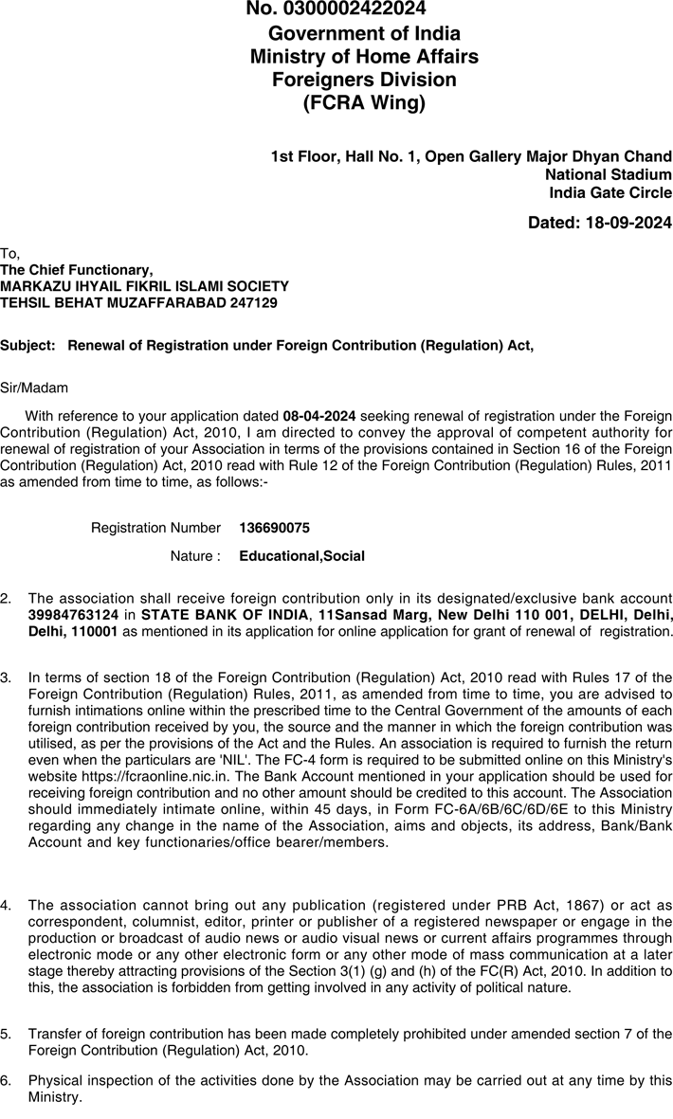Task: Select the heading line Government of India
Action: pyautogui.click(x=364, y=34)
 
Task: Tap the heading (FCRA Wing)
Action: pyautogui.click(x=364, y=103)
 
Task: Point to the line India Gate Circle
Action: pyautogui.click(x=610, y=193)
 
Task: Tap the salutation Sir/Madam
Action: pyautogui.click(x=34, y=388)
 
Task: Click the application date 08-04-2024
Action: pyautogui.click(x=319, y=415)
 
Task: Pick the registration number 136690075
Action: pyautogui.click(x=274, y=528)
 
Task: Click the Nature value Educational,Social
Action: pyautogui.click(x=301, y=556)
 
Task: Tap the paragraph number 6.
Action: pyautogui.click(x=6, y=1080)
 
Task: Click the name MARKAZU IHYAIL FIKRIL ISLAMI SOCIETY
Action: pyautogui.click(x=144, y=286)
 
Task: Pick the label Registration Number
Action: pyautogui.click(x=155, y=528)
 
